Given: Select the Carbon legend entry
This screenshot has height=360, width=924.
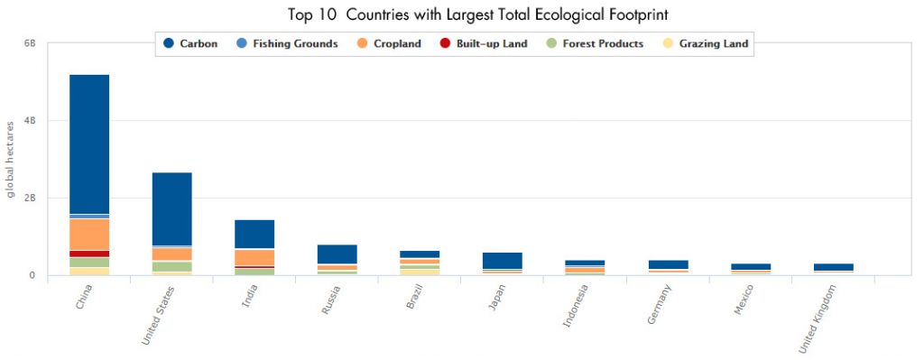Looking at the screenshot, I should (189, 43).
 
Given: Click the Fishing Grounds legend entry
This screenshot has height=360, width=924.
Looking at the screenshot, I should (285, 43).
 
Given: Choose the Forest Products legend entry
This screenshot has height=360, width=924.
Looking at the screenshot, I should (590, 43).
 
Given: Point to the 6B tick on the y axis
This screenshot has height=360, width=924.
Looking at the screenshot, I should (29, 43).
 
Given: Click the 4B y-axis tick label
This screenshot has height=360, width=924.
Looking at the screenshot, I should (29, 121).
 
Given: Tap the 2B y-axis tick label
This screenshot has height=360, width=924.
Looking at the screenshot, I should (29, 198).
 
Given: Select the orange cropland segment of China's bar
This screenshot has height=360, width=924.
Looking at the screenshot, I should (89, 234).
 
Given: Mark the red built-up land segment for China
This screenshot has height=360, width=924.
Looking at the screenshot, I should (89, 254).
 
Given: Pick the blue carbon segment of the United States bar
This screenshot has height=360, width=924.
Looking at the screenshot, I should (171, 208).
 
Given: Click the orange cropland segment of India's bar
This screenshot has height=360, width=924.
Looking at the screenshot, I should (254, 257).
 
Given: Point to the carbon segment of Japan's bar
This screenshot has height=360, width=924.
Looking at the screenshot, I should (502, 260).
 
